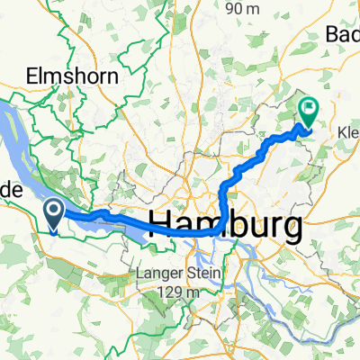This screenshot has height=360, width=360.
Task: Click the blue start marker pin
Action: click(x=53, y=213)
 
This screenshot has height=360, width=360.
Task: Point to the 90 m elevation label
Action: click(x=249, y=8)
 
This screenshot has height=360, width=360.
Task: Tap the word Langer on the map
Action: click(x=158, y=253)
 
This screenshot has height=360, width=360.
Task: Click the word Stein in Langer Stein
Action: click(x=200, y=253)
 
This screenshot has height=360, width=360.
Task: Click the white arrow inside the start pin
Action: click(x=53, y=211)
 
